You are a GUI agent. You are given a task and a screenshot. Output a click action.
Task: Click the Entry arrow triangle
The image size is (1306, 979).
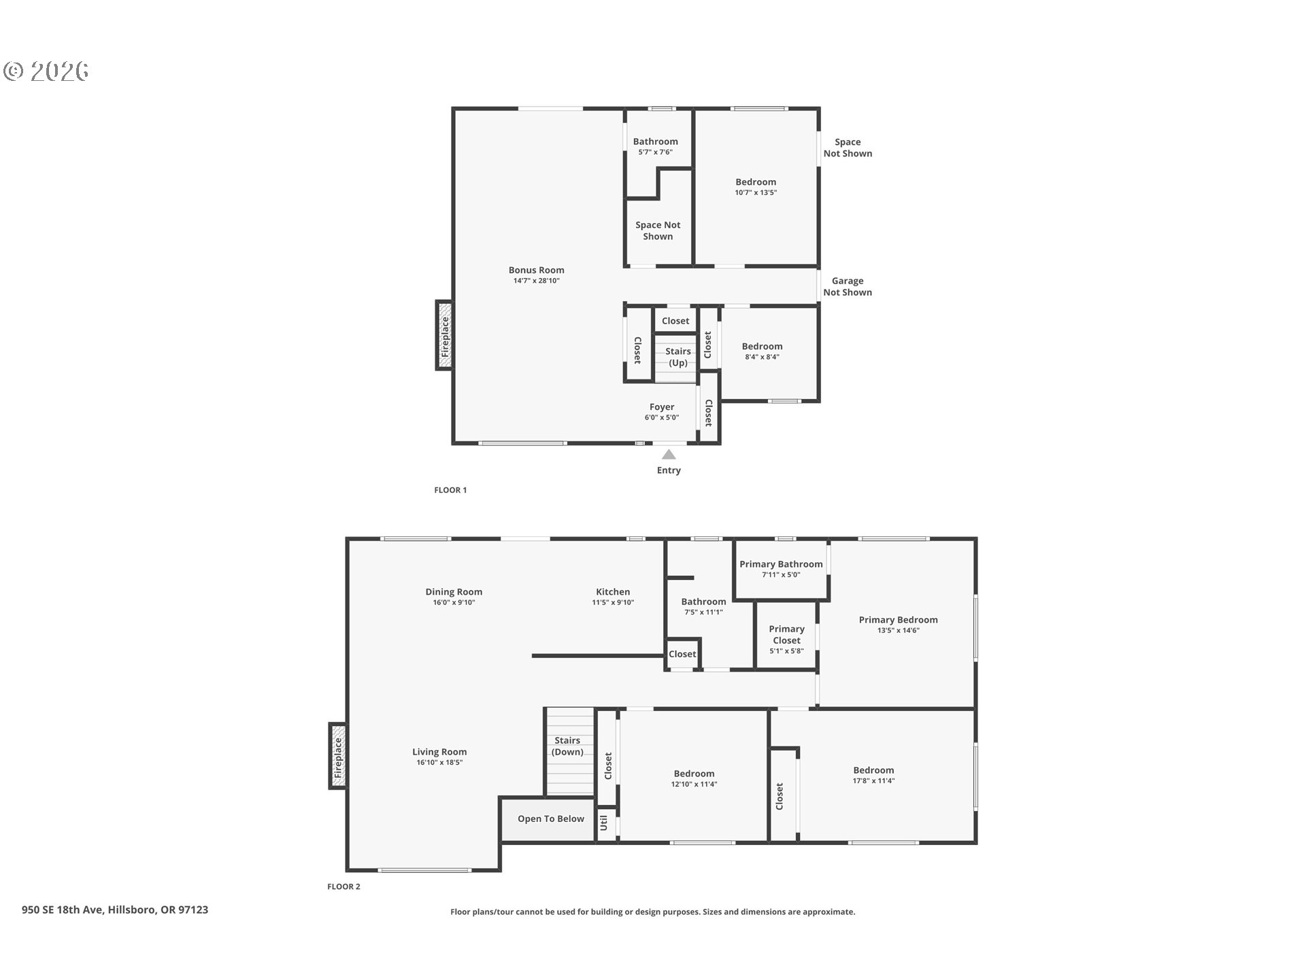point(669,454)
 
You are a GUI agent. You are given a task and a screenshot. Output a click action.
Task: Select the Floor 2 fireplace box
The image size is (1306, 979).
point(338,756)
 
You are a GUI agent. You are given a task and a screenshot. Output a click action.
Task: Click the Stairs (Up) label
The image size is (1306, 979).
point(677,356)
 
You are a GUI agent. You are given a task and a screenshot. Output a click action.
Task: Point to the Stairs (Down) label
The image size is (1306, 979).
point(567,746)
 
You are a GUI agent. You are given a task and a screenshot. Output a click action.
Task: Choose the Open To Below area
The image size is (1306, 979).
point(550,819)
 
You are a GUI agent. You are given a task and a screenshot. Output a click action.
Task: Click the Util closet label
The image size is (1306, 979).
point(604,823)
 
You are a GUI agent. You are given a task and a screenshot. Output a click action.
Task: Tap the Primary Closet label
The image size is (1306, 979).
point(786,634)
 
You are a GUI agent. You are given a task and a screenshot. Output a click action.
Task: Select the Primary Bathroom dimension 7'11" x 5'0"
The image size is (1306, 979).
point(781,575)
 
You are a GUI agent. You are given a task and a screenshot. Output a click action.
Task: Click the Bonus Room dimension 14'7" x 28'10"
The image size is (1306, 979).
point(536,281)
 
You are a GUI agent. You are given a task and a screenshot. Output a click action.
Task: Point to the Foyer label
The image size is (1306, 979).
point(661,407)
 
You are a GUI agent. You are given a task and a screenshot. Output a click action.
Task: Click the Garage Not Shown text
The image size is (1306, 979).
point(848,286)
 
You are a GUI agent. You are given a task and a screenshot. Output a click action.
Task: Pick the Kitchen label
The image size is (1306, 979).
point(613,591)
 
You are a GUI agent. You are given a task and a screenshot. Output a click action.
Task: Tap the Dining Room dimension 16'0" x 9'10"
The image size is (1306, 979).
point(454,602)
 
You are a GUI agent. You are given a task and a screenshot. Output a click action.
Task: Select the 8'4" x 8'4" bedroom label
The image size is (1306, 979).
point(762,346)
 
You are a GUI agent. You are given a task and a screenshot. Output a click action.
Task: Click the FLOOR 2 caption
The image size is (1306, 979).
point(344,887)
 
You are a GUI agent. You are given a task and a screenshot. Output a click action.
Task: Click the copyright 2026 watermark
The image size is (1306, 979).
point(46,71)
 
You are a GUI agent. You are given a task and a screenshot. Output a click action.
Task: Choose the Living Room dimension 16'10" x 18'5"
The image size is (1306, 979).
point(439,763)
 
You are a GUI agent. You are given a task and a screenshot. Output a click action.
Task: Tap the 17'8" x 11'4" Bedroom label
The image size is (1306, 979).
point(873,770)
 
